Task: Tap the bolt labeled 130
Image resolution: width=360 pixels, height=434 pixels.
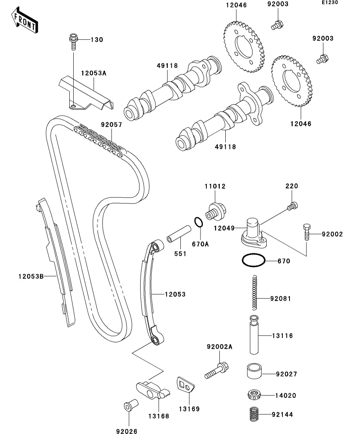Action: (73, 41)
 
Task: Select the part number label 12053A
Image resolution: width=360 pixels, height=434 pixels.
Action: (94, 73)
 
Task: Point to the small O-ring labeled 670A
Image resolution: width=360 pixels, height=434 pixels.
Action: (199, 223)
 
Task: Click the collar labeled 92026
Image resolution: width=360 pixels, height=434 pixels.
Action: (129, 406)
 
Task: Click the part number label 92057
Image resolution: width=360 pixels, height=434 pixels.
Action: (111, 125)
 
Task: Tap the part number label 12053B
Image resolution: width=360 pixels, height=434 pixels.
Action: (31, 276)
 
